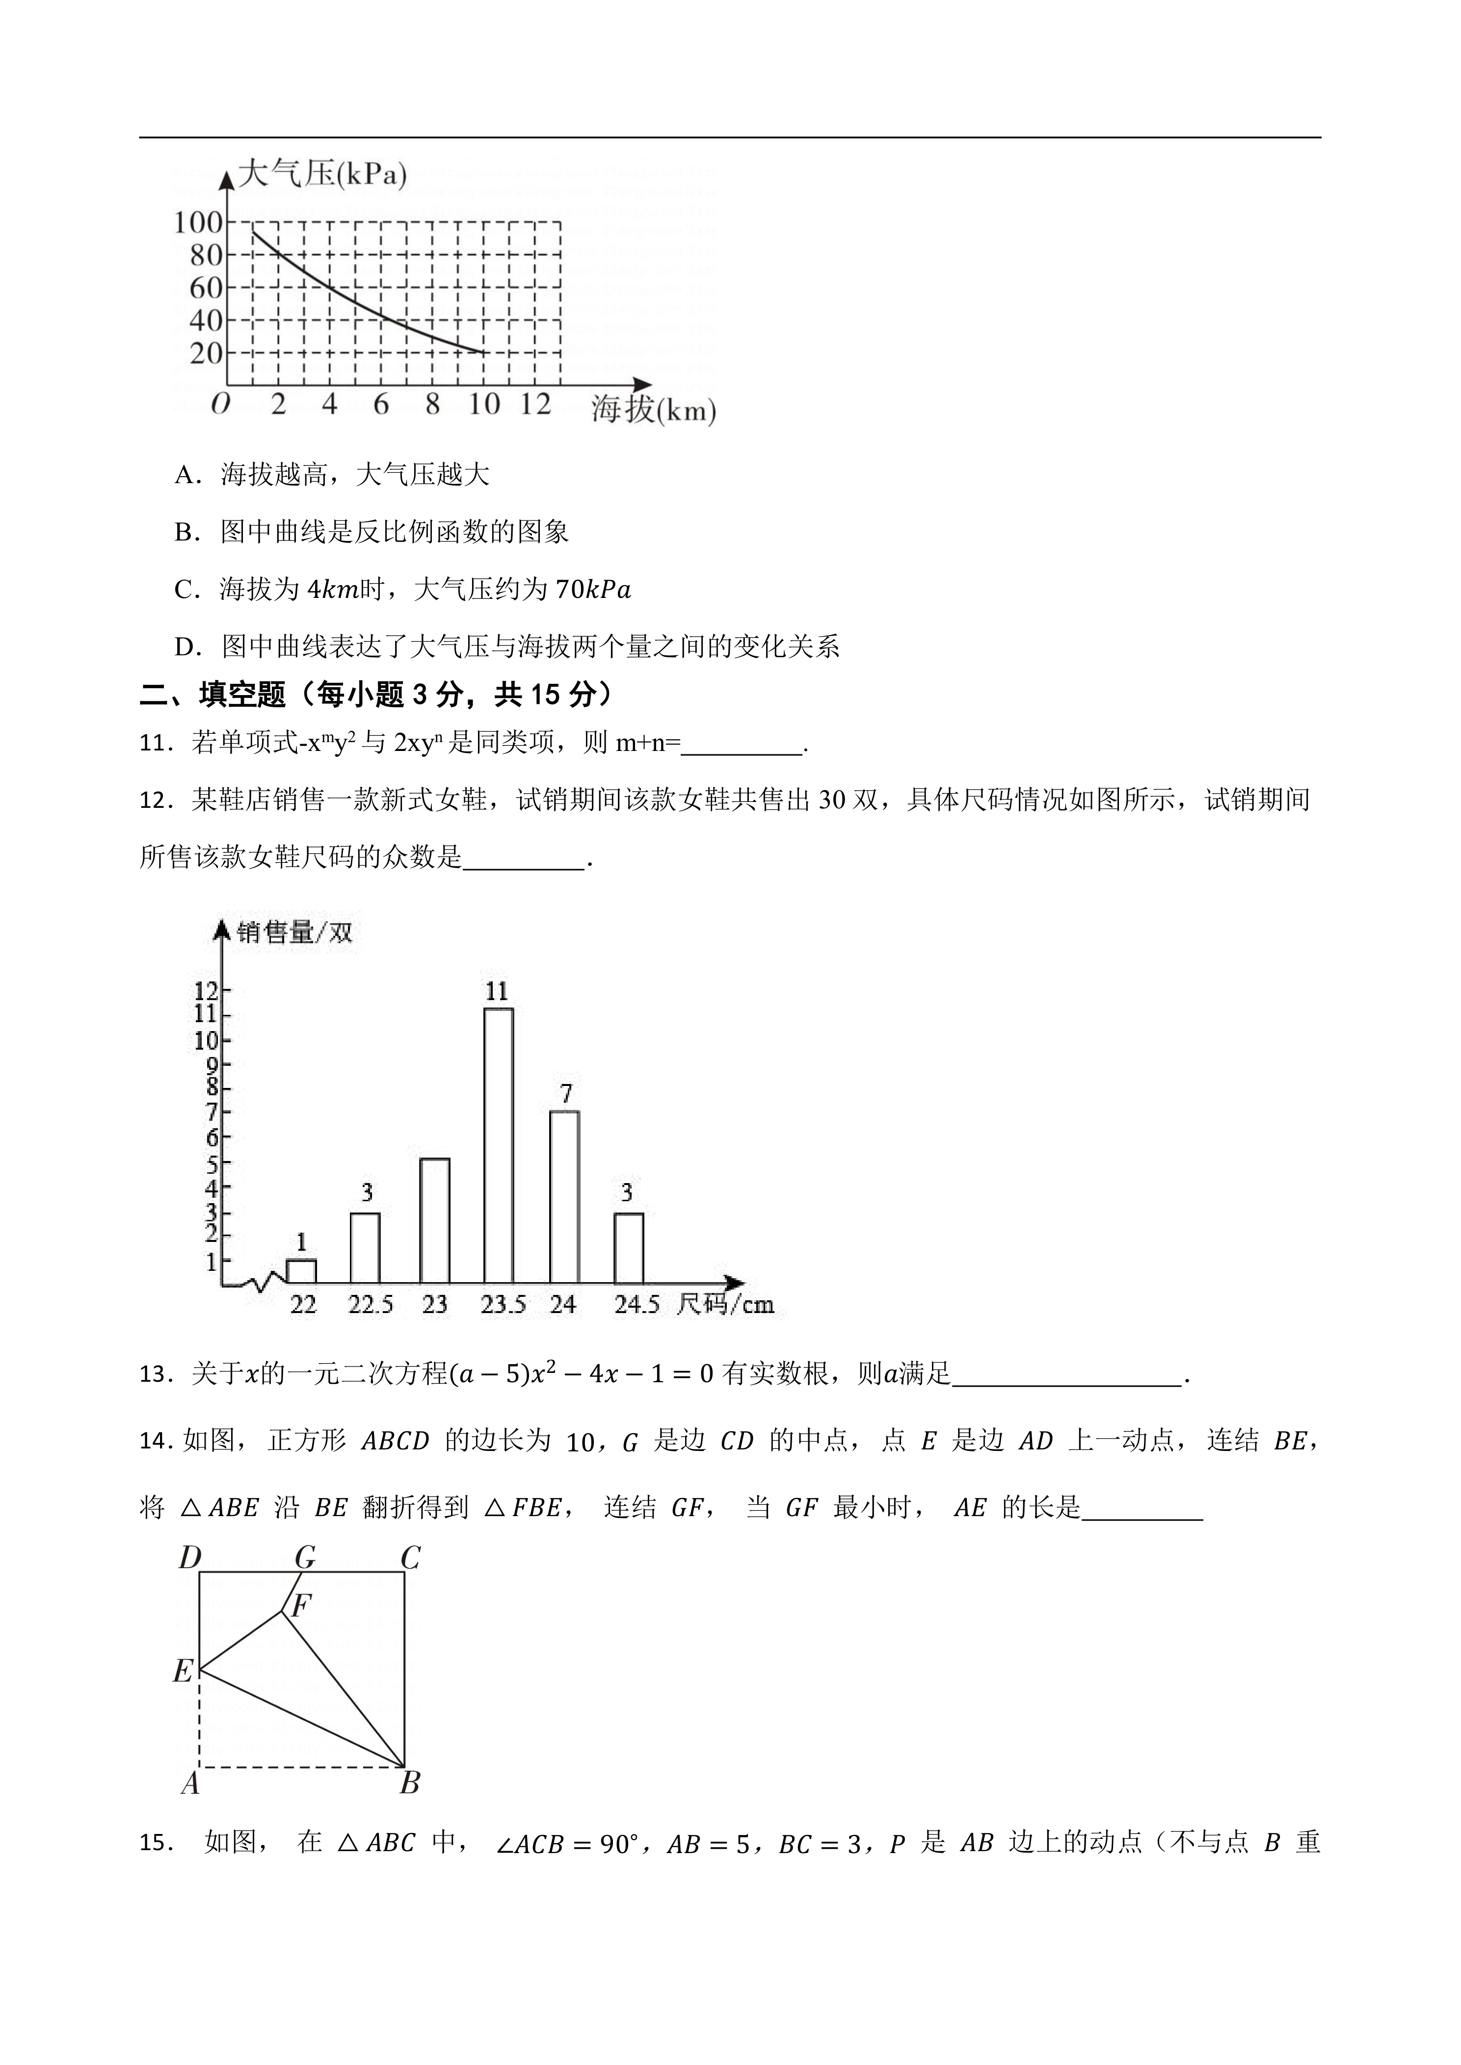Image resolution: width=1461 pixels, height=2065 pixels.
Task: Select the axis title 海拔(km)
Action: [x=653, y=410]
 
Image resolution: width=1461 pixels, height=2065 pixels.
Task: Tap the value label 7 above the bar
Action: [x=565, y=1094]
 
